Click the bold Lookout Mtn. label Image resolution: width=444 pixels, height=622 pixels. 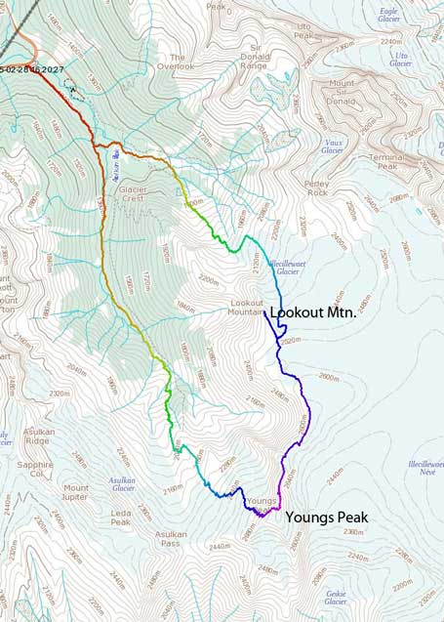(x=313, y=314)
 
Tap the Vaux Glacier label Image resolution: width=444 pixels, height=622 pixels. (x=333, y=145)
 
